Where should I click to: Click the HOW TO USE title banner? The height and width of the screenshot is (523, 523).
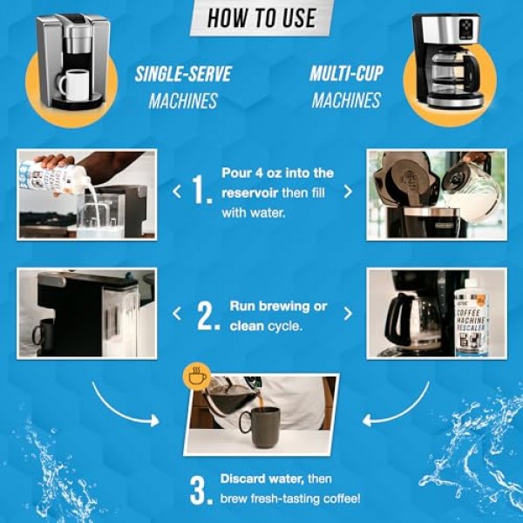pos(261,17)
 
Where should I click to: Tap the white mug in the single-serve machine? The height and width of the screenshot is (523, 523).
pos(72,85)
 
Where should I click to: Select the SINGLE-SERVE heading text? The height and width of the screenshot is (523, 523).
pos(182,73)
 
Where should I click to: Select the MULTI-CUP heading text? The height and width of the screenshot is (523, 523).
pos(346,73)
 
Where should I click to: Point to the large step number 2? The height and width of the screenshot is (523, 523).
pos(207,316)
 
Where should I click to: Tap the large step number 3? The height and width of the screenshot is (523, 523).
pos(201,490)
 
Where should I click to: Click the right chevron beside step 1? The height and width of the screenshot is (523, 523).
pos(348,191)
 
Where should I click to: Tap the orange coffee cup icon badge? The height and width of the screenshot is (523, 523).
pos(196,377)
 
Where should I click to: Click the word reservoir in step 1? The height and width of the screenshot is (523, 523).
pos(255,192)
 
